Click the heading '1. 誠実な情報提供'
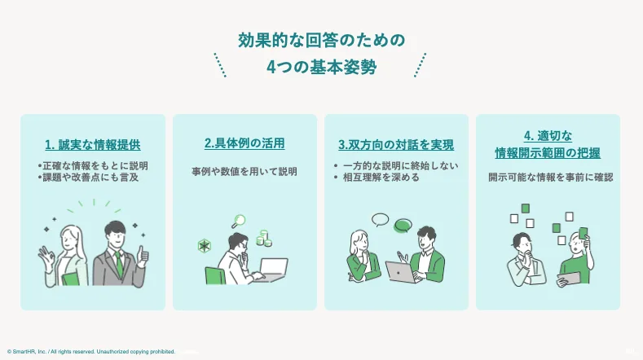pos(93,145)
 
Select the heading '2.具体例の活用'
pos(244,143)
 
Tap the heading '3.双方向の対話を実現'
pos(396,145)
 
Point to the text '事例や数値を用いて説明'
pos(244,172)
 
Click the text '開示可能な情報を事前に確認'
pos(550,176)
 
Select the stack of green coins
pos(263,239)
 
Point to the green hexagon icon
pos(205,245)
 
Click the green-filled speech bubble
pos(403,225)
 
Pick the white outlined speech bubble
pos(381,218)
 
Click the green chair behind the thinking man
pos(215,275)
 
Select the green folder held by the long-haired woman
pos(72,277)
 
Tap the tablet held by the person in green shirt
pos(568,279)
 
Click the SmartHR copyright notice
pos(90,352)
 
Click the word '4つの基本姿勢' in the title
pos(321,68)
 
